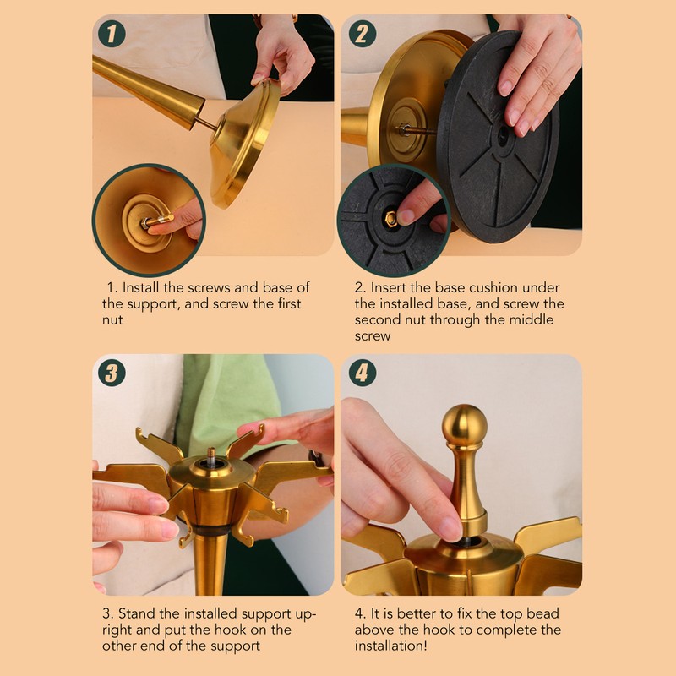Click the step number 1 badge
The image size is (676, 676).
[x=112, y=34]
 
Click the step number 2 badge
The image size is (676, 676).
[x=363, y=34]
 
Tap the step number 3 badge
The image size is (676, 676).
[x=112, y=373]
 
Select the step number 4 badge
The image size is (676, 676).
[x=363, y=373]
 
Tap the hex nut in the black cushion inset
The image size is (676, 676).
[x=391, y=220]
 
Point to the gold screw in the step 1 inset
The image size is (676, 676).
[x=158, y=221]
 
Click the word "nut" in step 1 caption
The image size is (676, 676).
[x=112, y=320]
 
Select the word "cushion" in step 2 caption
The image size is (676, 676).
[x=496, y=287]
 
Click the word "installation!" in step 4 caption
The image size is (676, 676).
[x=390, y=646]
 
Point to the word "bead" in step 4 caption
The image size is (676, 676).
[x=542, y=613]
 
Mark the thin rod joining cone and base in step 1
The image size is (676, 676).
[x=205, y=123]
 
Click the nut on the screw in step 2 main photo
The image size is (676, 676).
[x=404, y=129]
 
